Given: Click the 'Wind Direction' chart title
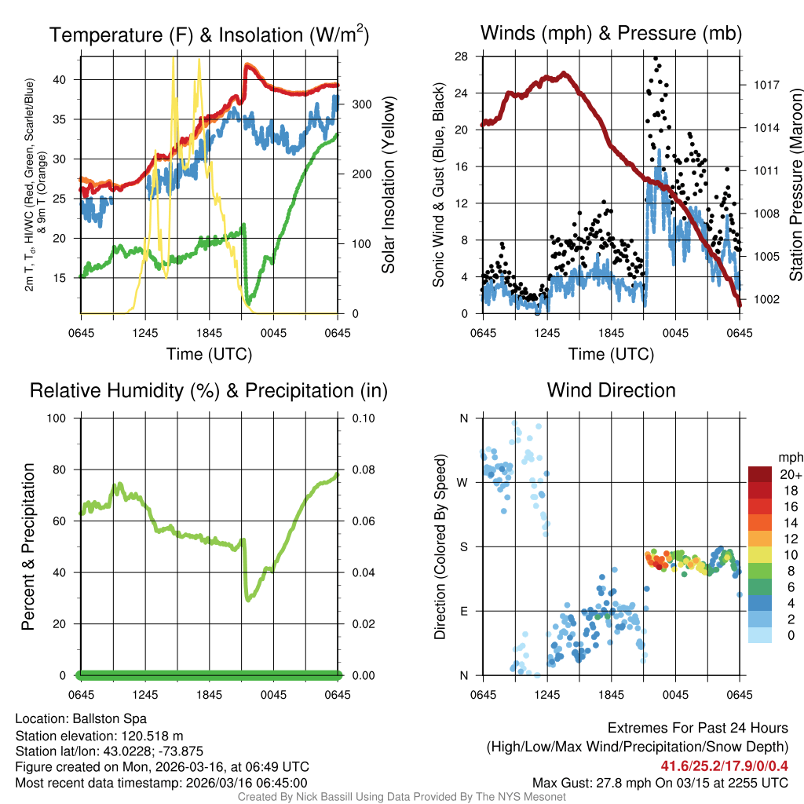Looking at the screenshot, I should pos(611,390).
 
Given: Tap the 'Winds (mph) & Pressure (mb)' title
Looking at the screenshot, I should pos(611,34).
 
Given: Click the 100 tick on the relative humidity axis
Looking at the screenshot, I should pos(61,418).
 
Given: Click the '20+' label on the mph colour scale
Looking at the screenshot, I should pos(790,475).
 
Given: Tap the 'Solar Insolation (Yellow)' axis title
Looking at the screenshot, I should pos(388,185).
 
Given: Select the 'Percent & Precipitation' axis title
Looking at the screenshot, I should pos(28,546).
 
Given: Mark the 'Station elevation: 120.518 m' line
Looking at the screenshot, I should pos(99,735).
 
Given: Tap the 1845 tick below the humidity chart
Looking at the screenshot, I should pos(210,695).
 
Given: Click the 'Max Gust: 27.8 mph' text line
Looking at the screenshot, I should pos(660,783).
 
